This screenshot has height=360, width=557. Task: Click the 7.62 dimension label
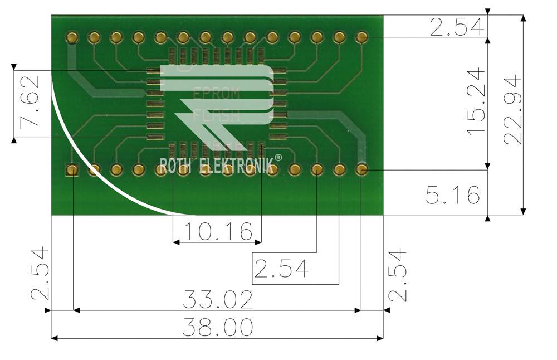coord(30,103)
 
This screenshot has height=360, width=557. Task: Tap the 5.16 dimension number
coord(452,195)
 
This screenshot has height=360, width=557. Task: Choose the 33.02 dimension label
coord(218,299)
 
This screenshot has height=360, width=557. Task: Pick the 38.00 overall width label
coord(218,328)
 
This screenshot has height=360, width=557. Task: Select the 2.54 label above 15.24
coord(455,27)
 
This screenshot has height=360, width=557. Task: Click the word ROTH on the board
coord(177,166)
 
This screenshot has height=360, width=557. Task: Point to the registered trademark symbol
coord(278,158)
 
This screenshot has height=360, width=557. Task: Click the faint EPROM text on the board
coord(216,94)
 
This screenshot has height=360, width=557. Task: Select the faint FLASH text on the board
coord(217,116)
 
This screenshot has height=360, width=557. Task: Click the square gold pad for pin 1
coord(72,169)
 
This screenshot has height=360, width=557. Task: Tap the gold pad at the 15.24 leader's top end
coord(361,37)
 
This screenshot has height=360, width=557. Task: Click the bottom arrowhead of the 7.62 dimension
coord(14,139)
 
